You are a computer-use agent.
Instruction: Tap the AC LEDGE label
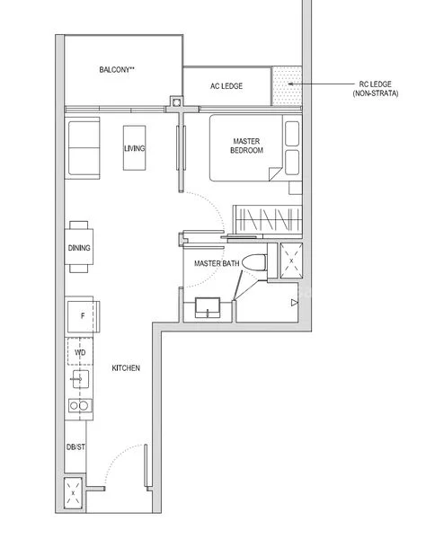[x=226, y=87]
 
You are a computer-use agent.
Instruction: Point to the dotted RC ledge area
[x=288, y=86]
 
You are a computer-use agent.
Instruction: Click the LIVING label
[x=135, y=148]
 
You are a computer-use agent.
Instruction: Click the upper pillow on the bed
[x=292, y=133]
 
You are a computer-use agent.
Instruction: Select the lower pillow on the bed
[x=292, y=162]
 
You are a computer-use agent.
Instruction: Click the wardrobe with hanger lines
[x=266, y=219]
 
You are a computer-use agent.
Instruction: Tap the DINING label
[x=78, y=248]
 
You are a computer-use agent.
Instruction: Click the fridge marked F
[x=82, y=316]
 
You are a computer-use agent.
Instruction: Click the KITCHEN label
[x=126, y=368]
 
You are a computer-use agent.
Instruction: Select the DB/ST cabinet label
[x=75, y=446]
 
